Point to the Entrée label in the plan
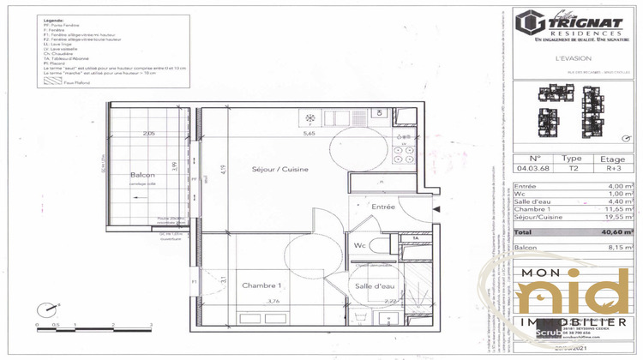click(x=382, y=207)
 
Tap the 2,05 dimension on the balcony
click(x=149, y=133)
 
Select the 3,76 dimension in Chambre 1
click(x=272, y=301)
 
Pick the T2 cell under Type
click(x=570, y=169)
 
